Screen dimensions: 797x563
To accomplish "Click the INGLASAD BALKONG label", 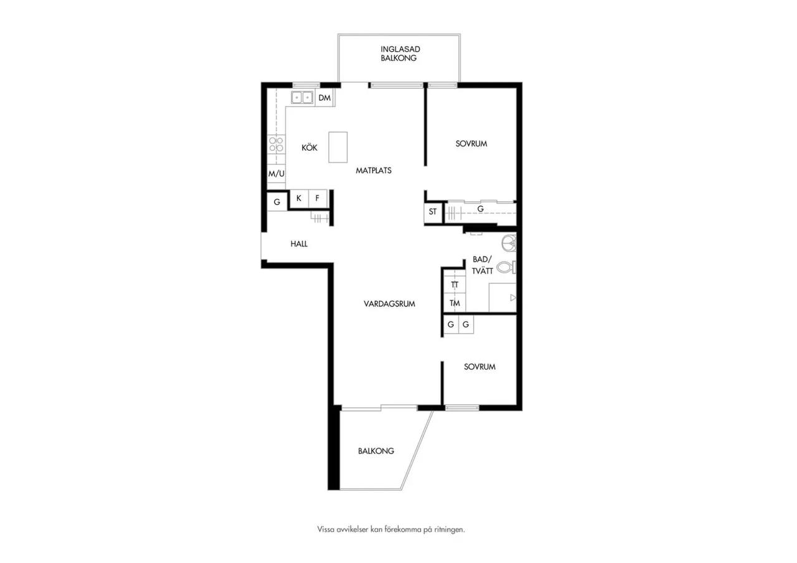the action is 400,54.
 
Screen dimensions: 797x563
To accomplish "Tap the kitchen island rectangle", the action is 337,148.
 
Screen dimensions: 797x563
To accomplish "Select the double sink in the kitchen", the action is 302,97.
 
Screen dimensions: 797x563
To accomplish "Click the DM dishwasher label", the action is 324,98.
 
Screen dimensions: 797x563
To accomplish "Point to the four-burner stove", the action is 276,144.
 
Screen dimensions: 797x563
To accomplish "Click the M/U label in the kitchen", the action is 276,174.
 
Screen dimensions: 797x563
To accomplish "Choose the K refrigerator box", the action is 299,199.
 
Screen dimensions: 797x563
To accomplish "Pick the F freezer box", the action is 318,199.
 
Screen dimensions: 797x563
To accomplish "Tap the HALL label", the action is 299,244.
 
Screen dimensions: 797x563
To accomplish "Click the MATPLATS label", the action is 374,171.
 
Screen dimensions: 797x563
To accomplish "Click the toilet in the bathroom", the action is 506,267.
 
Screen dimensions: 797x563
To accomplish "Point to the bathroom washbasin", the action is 509,244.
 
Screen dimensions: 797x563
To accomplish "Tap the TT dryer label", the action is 455,285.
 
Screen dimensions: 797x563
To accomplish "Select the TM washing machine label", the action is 455,303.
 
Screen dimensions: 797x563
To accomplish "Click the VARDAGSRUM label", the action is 389,303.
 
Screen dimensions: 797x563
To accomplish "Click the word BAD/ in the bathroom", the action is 482,260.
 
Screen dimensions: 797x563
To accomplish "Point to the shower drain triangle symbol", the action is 513,298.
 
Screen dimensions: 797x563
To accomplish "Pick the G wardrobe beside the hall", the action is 277,202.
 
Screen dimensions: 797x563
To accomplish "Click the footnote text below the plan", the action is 391,529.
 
